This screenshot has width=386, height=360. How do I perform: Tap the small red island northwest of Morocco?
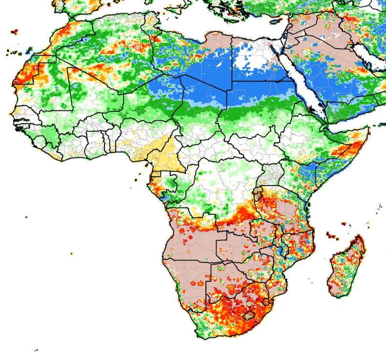pyautogui.click(x=14, y=32)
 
